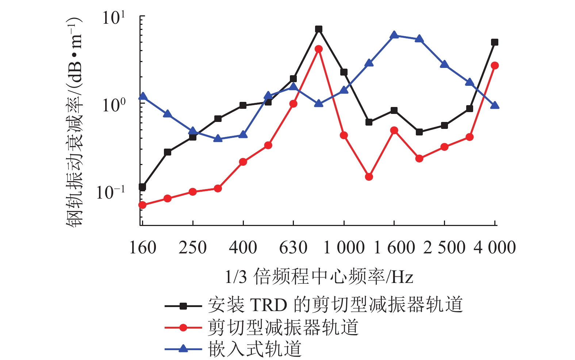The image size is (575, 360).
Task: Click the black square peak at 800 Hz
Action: coord(319,29)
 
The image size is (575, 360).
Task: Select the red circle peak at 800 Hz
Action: coord(319,49)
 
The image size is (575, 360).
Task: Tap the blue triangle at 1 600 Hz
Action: coord(394,35)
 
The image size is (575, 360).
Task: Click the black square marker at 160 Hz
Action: coord(142,187)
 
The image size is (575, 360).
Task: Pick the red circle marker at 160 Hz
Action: coord(142,205)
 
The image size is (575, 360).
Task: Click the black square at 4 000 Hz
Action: coord(495,42)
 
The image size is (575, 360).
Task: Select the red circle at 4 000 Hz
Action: coord(495,66)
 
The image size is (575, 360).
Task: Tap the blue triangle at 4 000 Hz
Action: coord(495,106)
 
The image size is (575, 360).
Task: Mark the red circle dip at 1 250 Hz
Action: coord(369,177)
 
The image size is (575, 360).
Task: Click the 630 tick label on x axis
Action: coord(293,248)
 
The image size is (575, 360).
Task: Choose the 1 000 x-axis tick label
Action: coord(344,248)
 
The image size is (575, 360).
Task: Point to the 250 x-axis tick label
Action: coord(193,248)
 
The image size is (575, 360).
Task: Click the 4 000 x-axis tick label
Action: coord(495,248)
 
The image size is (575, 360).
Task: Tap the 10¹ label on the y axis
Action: coord(114,18)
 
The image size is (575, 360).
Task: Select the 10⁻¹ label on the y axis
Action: coord(111,192)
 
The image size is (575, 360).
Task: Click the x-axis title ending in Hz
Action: coord(319,276)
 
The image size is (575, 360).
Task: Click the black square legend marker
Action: coord(183,306)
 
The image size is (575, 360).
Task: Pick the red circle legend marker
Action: coord(183,328)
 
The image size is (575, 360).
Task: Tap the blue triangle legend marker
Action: coord(183,349)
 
